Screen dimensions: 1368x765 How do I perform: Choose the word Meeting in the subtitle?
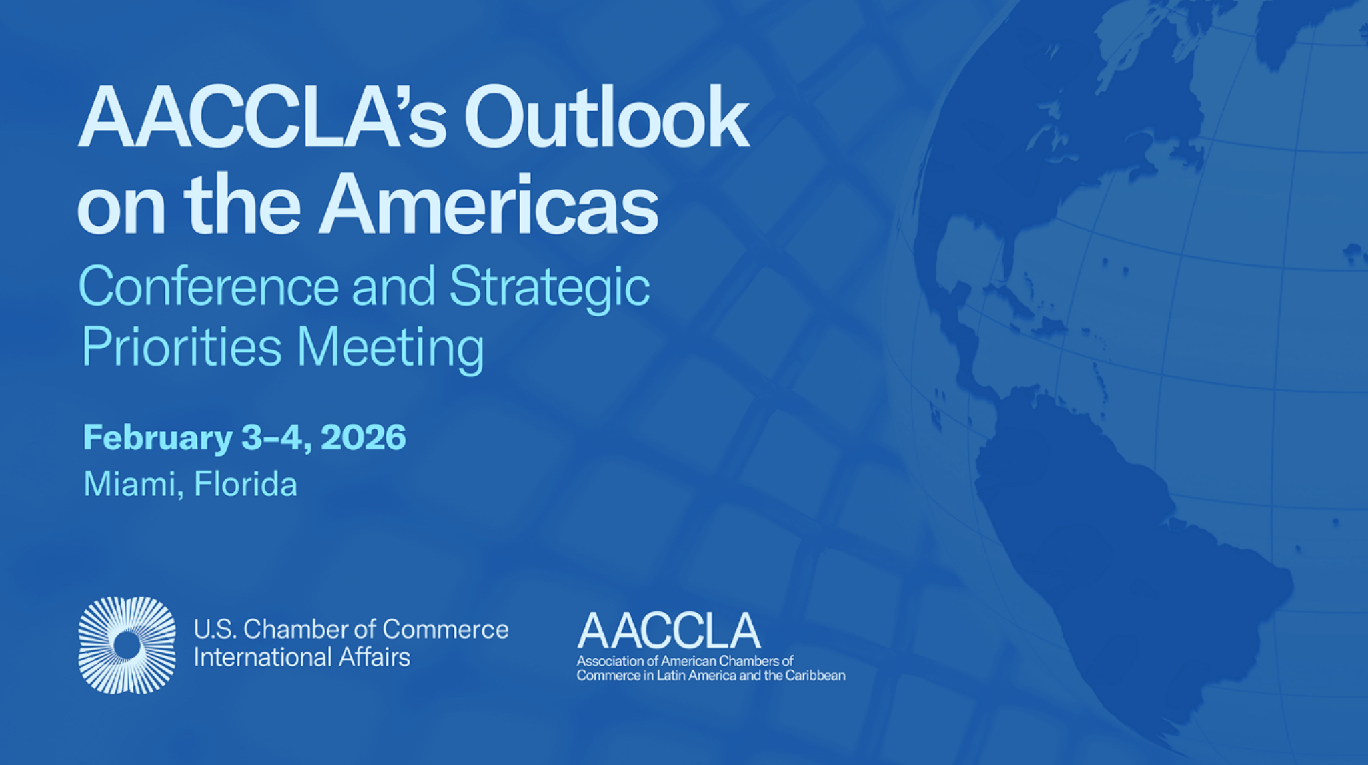391,348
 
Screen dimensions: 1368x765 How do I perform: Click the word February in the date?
157,439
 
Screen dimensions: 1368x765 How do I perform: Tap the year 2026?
363,437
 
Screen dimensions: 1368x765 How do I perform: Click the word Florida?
245,483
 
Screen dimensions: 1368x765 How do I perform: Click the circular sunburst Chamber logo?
127,645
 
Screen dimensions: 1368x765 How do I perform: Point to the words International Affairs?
301,657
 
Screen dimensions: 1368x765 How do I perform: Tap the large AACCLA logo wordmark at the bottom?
668,631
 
